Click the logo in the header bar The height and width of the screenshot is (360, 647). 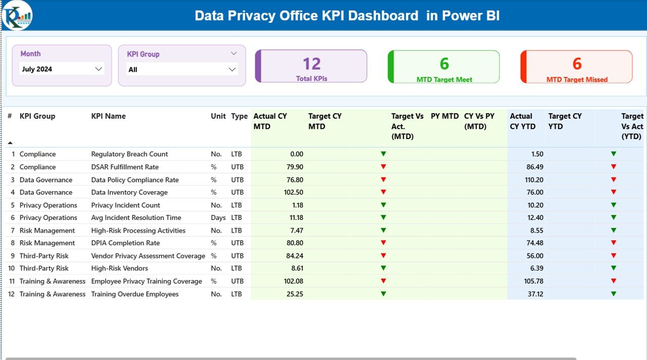click(17, 15)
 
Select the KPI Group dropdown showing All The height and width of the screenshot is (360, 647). click(182, 69)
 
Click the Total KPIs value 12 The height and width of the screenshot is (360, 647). click(312, 64)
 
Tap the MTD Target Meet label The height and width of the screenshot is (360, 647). click(444, 79)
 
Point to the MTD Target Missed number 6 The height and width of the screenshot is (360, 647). click(577, 64)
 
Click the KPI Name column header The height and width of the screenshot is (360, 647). click(108, 116)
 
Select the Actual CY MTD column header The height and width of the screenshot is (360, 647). click(270, 121)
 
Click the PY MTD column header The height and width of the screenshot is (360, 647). click(444, 116)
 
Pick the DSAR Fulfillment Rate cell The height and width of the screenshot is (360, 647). click(125, 167)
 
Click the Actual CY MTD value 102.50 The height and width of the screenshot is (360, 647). click(294, 192)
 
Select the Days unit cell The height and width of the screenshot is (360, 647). click(218, 217)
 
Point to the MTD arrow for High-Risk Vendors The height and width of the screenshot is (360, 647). click(383, 268)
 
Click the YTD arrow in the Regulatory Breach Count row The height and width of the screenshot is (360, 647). click(614, 154)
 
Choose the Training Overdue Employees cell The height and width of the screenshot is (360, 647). click(135, 294)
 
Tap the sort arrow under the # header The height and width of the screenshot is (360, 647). click(10, 143)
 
